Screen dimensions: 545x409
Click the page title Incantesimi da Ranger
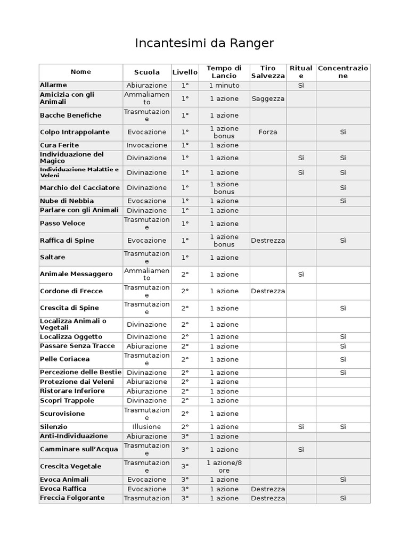[x=204, y=43]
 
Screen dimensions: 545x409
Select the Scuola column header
[x=147, y=72]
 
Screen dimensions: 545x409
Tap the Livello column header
[x=185, y=72]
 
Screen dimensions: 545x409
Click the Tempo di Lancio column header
[x=224, y=72]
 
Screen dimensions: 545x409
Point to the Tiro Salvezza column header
[x=268, y=72]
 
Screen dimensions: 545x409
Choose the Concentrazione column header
[x=343, y=72]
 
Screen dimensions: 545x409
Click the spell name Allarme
[x=54, y=85]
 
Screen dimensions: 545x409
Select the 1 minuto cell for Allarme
[x=224, y=85]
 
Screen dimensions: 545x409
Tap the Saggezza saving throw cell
[x=268, y=98]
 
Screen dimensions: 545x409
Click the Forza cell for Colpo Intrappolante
[x=268, y=132]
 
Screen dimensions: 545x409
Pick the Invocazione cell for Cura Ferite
[x=147, y=145]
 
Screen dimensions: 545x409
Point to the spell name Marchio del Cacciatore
[x=80, y=187]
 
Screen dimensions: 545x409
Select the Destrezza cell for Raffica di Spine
[x=268, y=241]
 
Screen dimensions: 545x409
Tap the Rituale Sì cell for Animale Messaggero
[x=301, y=274]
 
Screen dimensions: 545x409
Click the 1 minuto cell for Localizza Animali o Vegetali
[x=224, y=325]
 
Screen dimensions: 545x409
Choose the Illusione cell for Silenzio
[x=147, y=427]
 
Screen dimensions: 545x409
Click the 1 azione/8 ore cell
[x=224, y=466]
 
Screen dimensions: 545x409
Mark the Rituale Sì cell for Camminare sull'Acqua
[x=301, y=449]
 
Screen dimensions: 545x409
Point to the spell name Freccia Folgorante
[x=72, y=498]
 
